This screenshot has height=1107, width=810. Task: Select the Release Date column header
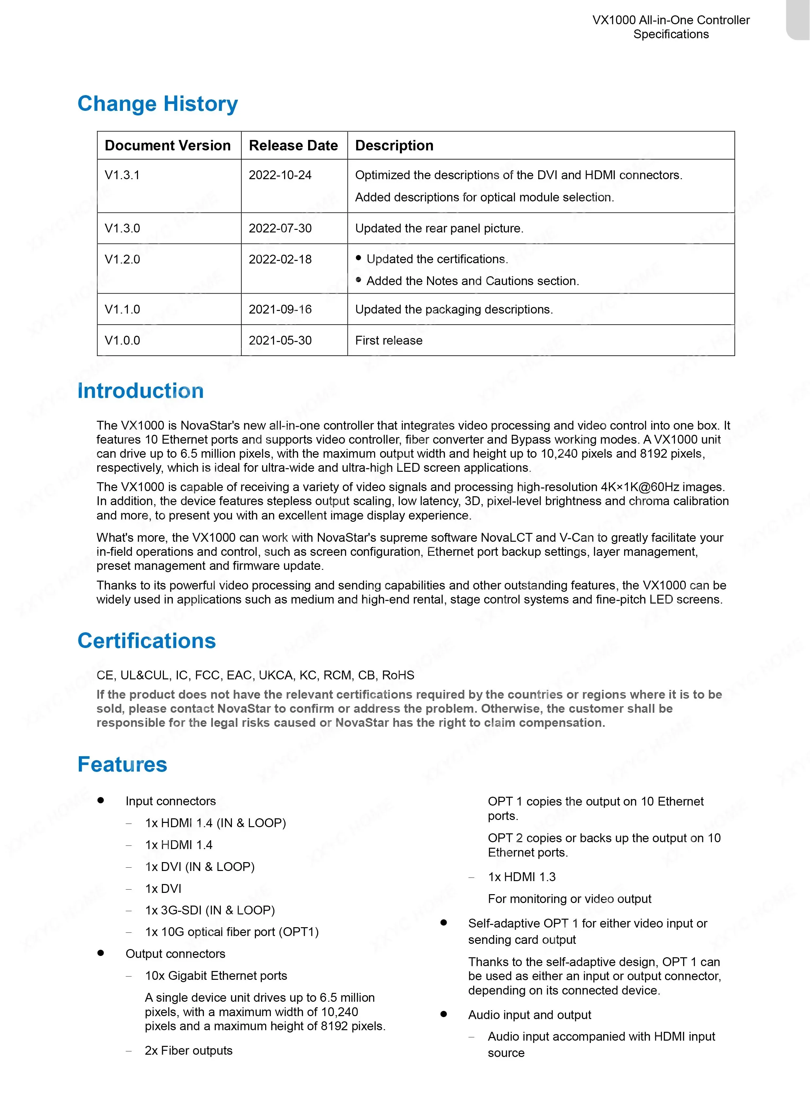[x=293, y=145]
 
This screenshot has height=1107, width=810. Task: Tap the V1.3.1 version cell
[x=122, y=175]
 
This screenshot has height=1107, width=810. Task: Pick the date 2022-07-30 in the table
[x=280, y=229]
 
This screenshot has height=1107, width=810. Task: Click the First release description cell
[x=388, y=341]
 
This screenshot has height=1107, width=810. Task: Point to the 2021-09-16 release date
[x=280, y=309]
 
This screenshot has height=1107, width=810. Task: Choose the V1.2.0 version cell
[x=122, y=259]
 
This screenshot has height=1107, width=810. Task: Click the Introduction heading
[x=140, y=391]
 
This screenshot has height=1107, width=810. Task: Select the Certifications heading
[x=146, y=641]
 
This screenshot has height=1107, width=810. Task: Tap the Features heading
[x=122, y=764]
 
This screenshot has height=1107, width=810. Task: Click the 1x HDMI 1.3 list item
[x=522, y=877]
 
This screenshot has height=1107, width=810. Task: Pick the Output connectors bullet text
[x=175, y=954]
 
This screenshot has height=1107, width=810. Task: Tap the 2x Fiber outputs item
[x=188, y=1051]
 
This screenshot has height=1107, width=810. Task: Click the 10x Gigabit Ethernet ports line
[x=216, y=976]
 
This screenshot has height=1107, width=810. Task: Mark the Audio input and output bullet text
[x=529, y=1015]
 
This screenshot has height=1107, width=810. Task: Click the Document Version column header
[x=168, y=145]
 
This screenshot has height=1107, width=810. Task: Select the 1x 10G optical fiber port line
[x=232, y=932]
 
